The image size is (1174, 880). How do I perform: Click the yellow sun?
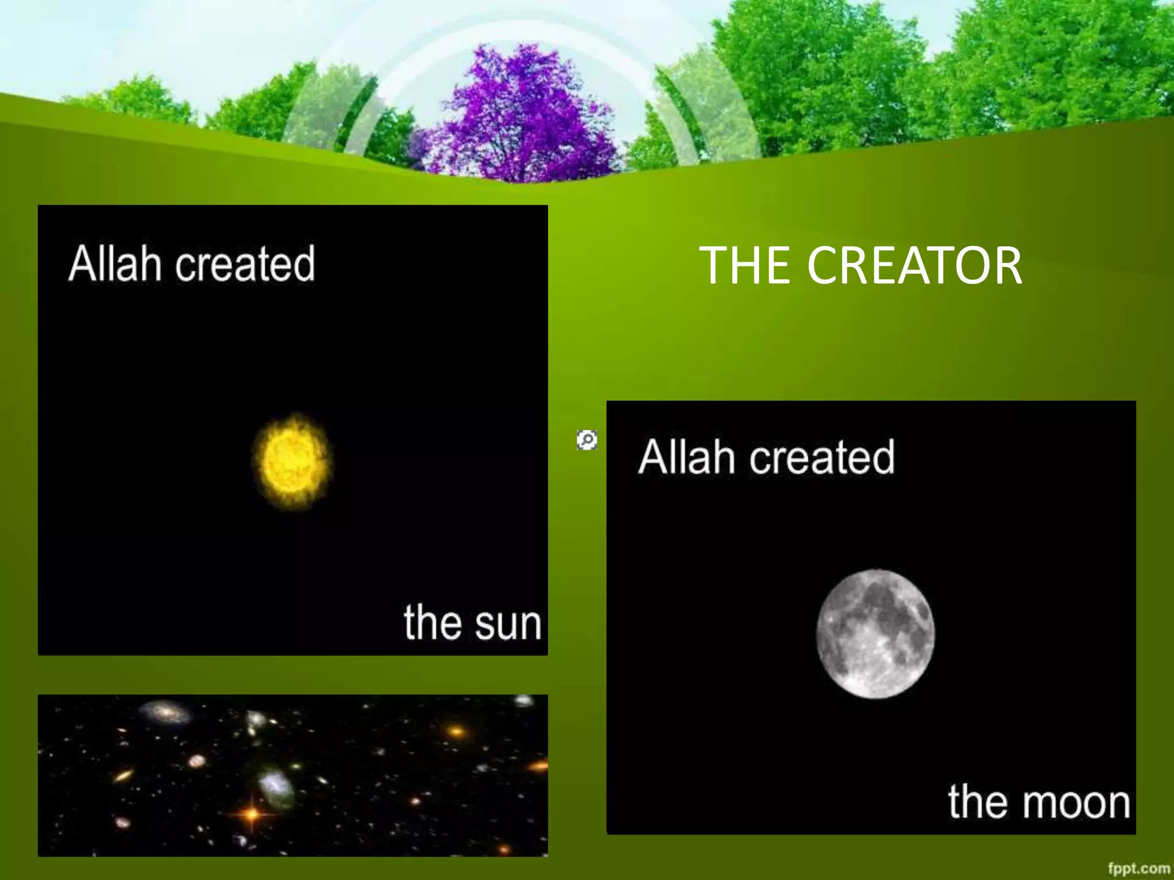tap(292, 461)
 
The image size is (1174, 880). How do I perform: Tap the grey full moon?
tap(875, 634)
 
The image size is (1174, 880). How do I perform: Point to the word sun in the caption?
tap(508, 623)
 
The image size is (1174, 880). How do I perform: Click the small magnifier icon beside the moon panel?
tap(587, 439)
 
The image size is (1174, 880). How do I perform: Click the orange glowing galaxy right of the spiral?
tap(456, 731)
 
